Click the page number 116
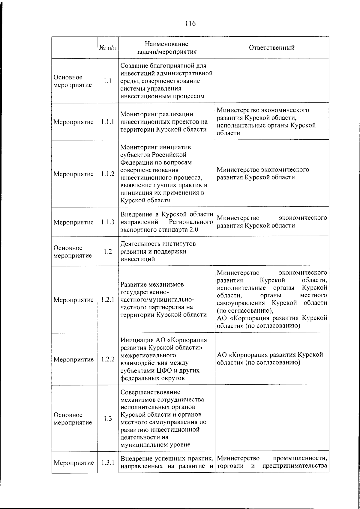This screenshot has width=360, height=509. [x=190, y=23]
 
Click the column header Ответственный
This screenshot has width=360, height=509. [x=271, y=48]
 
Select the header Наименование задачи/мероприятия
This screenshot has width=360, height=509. [x=166, y=48]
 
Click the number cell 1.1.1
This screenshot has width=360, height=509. [x=108, y=122]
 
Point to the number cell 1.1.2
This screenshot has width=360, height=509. [x=108, y=174]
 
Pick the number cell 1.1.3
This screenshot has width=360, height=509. [x=108, y=222]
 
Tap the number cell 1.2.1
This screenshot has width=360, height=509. [x=108, y=300]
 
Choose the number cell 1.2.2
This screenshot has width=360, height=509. [x=108, y=359]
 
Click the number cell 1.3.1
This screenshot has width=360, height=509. [x=108, y=463]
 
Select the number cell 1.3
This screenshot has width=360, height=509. [x=108, y=419]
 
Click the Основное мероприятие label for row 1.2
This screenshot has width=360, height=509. [x=68, y=252]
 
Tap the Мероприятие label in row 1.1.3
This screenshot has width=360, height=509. [x=73, y=222]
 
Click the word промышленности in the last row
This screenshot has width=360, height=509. [x=300, y=458]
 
